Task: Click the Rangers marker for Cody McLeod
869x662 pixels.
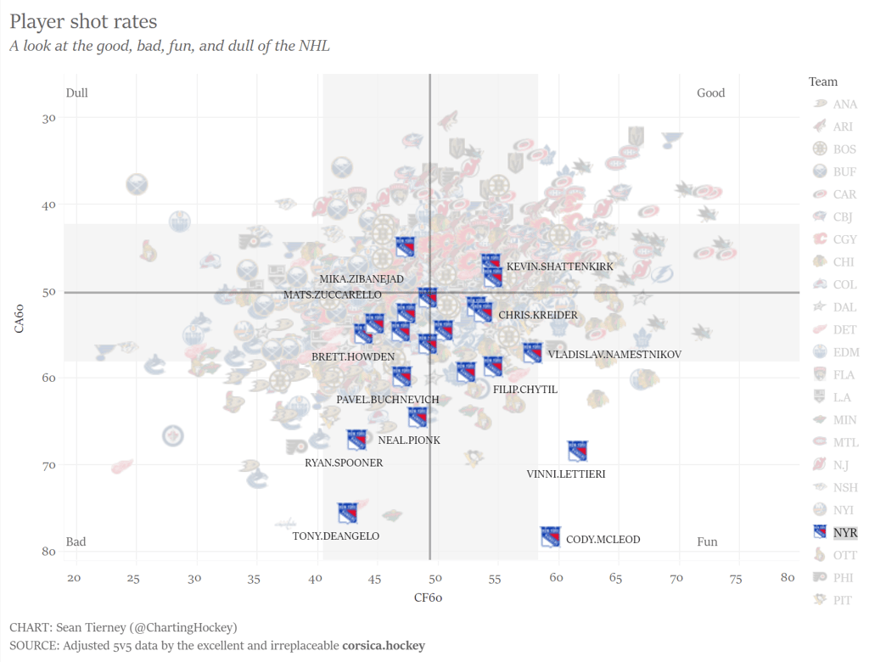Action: pyautogui.click(x=551, y=536)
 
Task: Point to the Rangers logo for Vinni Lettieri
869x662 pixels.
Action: pyautogui.click(x=578, y=452)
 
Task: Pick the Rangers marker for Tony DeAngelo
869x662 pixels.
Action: pyautogui.click(x=348, y=513)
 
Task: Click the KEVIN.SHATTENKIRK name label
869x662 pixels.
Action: pyautogui.click(x=559, y=266)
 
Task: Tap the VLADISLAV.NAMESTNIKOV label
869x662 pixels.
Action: pyautogui.click(x=614, y=355)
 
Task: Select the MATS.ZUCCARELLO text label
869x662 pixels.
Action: pyautogui.click(x=332, y=295)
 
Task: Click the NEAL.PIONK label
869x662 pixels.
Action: pyautogui.click(x=409, y=440)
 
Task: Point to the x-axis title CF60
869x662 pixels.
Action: pyautogui.click(x=429, y=597)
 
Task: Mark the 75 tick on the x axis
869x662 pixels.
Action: pyautogui.click(x=736, y=579)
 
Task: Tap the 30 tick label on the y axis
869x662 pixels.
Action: pyautogui.click(x=48, y=118)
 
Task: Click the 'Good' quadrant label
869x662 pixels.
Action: pyautogui.click(x=710, y=93)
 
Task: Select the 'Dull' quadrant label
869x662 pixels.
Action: pyautogui.click(x=77, y=93)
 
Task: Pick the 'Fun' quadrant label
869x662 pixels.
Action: pyautogui.click(x=707, y=541)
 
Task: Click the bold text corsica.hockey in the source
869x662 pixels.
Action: pyautogui.click(x=384, y=646)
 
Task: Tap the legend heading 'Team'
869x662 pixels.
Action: pyautogui.click(x=823, y=82)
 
